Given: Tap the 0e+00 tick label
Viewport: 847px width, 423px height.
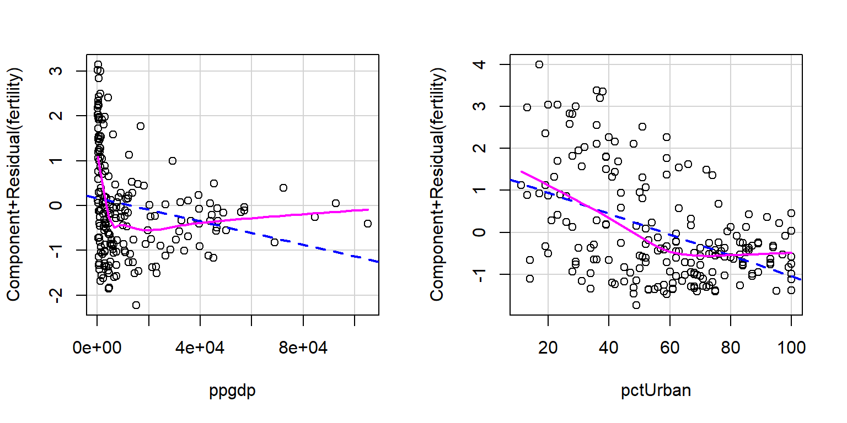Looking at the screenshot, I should click(97, 348).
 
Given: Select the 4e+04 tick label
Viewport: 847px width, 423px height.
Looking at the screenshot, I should click(200, 348).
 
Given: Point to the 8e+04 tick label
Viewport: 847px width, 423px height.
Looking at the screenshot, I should click(303, 348).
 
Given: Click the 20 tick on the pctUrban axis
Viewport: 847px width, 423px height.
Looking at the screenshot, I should click(548, 348).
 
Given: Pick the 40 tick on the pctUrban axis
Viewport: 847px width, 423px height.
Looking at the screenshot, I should click(608, 348).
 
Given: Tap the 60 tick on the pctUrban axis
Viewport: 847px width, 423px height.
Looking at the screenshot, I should click(669, 348).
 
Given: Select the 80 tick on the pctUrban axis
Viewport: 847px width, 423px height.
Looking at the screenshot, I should click(730, 348).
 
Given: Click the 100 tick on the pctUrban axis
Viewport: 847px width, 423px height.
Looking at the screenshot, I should click(791, 348).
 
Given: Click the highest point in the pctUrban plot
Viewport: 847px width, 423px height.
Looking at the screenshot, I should click(539, 64).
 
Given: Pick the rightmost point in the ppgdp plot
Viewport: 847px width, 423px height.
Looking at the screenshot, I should click(368, 223).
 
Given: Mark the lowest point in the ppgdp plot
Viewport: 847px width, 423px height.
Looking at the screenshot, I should click(136, 305).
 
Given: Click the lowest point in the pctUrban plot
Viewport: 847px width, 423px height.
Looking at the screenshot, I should click(636, 305).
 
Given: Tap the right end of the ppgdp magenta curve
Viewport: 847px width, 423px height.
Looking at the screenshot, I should click(368, 209).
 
